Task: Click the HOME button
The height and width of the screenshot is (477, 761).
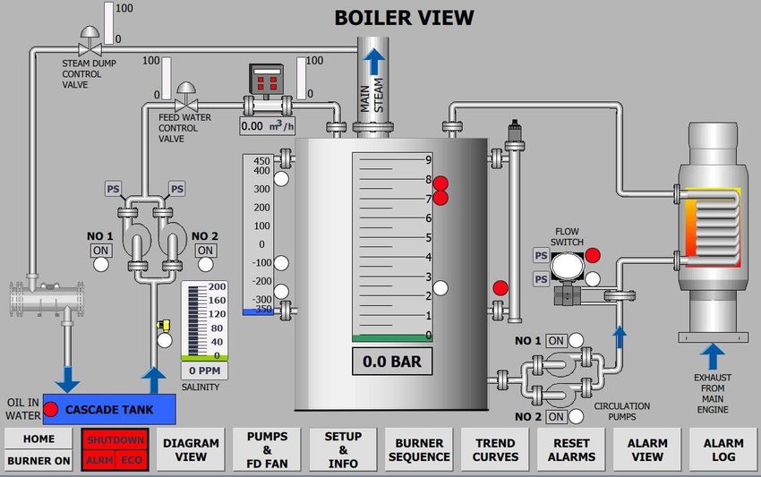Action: (x=38, y=439)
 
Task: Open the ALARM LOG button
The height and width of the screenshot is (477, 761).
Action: (x=723, y=449)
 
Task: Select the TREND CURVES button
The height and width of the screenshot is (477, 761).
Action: (x=495, y=449)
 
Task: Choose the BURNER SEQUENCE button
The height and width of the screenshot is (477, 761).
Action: (x=419, y=449)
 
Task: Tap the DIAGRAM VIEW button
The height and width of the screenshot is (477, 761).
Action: (x=191, y=449)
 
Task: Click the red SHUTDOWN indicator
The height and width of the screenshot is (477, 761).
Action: (x=115, y=439)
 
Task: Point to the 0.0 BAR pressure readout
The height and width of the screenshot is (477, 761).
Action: (x=391, y=362)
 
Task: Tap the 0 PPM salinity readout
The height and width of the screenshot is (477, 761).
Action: (x=205, y=371)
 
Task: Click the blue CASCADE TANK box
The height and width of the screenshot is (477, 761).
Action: (x=108, y=409)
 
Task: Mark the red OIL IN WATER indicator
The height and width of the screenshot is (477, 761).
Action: (x=51, y=409)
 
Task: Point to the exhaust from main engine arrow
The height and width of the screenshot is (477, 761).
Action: (x=713, y=355)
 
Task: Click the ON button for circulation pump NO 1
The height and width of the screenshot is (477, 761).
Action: (x=556, y=341)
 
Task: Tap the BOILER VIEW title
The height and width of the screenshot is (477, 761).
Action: (x=404, y=17)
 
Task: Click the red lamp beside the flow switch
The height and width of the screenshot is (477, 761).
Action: (x=593, y=255)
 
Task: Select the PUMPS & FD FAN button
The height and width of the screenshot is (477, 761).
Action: (x=267, y=449)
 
